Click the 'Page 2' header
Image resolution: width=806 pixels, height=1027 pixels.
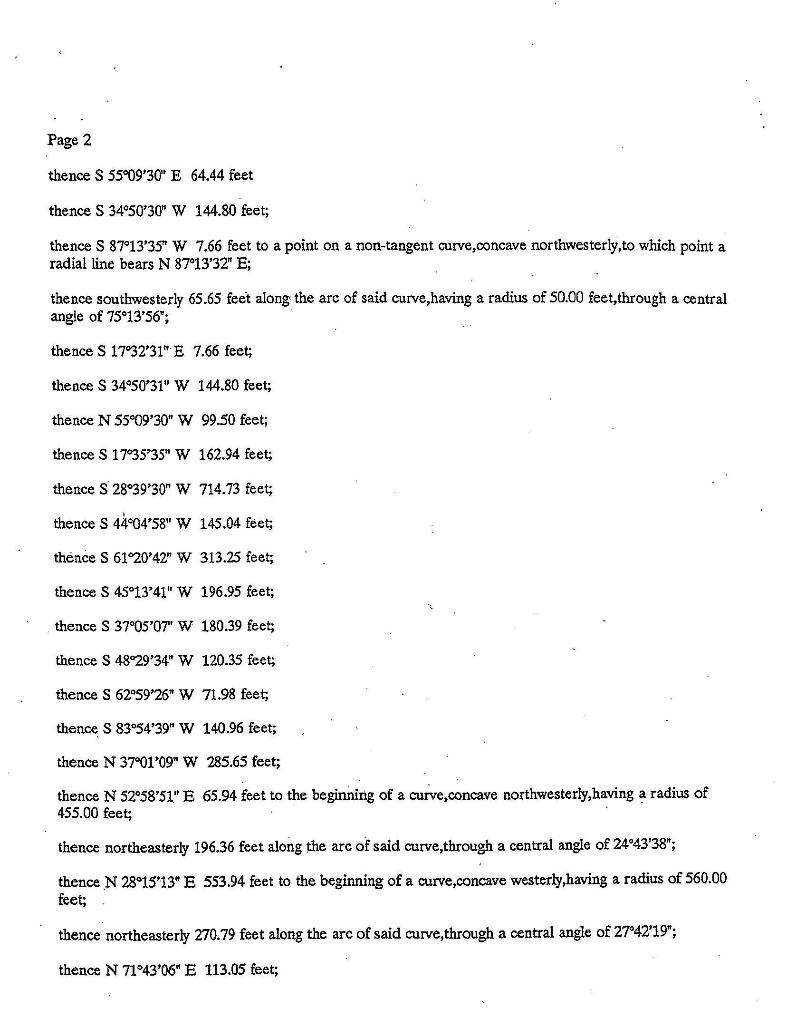(x=69, y=140)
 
